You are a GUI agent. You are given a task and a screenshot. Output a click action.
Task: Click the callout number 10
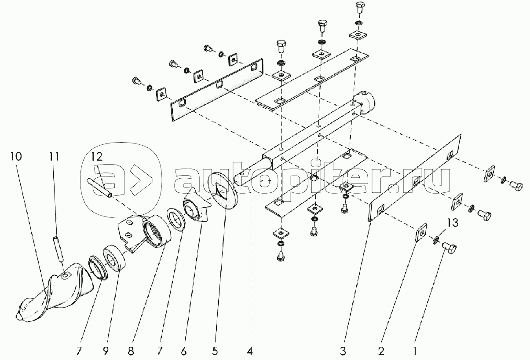16,156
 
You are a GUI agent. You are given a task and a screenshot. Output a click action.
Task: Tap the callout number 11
54,156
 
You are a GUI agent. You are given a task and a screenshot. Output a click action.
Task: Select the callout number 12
97,157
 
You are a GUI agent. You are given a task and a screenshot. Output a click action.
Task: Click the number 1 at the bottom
414,351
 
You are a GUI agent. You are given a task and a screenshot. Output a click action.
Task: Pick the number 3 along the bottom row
343,351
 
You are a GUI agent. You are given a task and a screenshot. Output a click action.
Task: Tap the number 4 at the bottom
250,351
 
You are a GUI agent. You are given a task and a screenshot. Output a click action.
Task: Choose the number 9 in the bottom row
106,351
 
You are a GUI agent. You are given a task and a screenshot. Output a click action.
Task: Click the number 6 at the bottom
184,351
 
